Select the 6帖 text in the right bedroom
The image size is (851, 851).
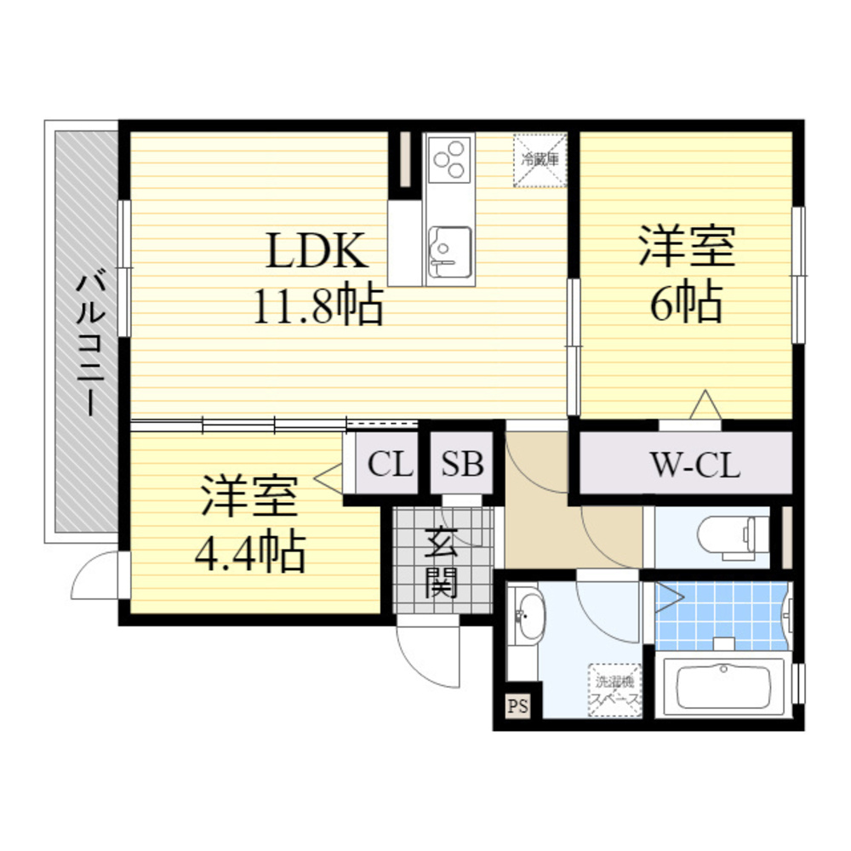pos(687,302)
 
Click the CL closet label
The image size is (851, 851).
pos(390,465)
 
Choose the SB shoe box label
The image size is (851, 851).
pos(462,465)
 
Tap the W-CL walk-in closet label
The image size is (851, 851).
pos(695,465)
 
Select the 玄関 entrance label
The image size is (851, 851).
pos(443,562)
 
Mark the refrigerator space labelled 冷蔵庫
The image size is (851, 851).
pos(540,159)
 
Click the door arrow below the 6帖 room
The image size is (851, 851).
pos(705,405)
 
